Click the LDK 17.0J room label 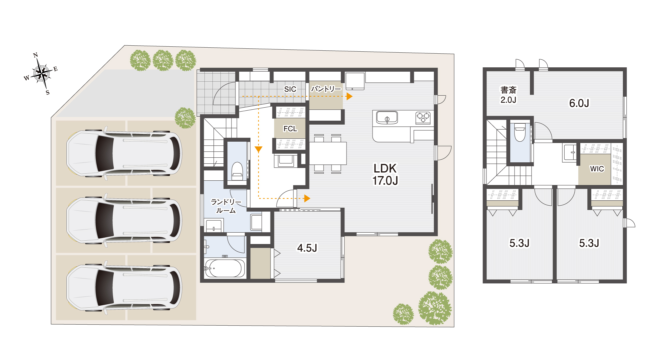[385, 174]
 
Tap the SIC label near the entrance [290, 89]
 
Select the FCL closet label [290, 129]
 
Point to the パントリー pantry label [326, 89]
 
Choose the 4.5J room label [307, 248]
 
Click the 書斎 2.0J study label [508, 95]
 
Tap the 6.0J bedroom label [579, 103]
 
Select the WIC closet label [597, 169]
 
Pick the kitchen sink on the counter [387, 118]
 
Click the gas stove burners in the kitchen [423, 118]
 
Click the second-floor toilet [520, 132]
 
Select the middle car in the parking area [124, 220]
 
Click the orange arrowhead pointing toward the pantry [349, 96]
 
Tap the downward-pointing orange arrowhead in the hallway [258, 149]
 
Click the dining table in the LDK [328, 153]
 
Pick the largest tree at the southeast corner [435, 308]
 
